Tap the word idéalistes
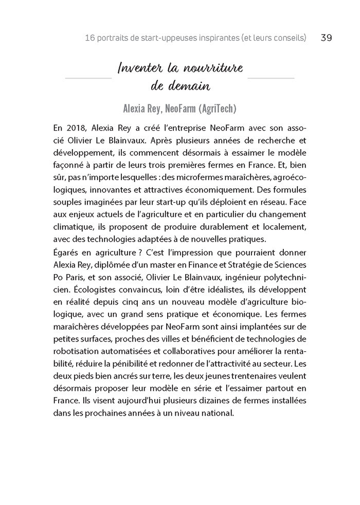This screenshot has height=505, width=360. coord(216,288)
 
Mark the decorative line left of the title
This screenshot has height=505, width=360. coord(88,78)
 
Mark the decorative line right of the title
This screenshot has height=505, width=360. coord(271,78)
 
